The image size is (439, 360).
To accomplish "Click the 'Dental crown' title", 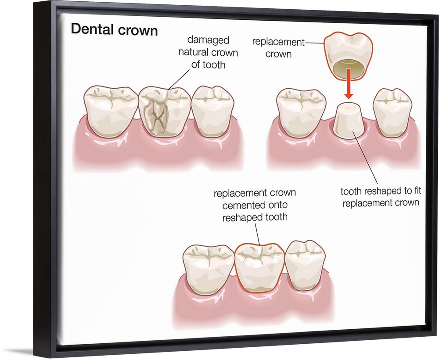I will (114, 30).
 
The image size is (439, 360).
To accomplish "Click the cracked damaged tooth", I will (164, 112).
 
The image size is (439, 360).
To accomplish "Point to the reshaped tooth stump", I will (348, 119).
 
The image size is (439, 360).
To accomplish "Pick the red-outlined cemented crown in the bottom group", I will (259, 268).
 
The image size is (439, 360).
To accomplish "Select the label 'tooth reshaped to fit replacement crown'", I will (380, 197).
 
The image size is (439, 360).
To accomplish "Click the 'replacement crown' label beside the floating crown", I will (278, 48).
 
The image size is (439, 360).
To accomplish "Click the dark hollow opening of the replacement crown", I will (348, 68).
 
